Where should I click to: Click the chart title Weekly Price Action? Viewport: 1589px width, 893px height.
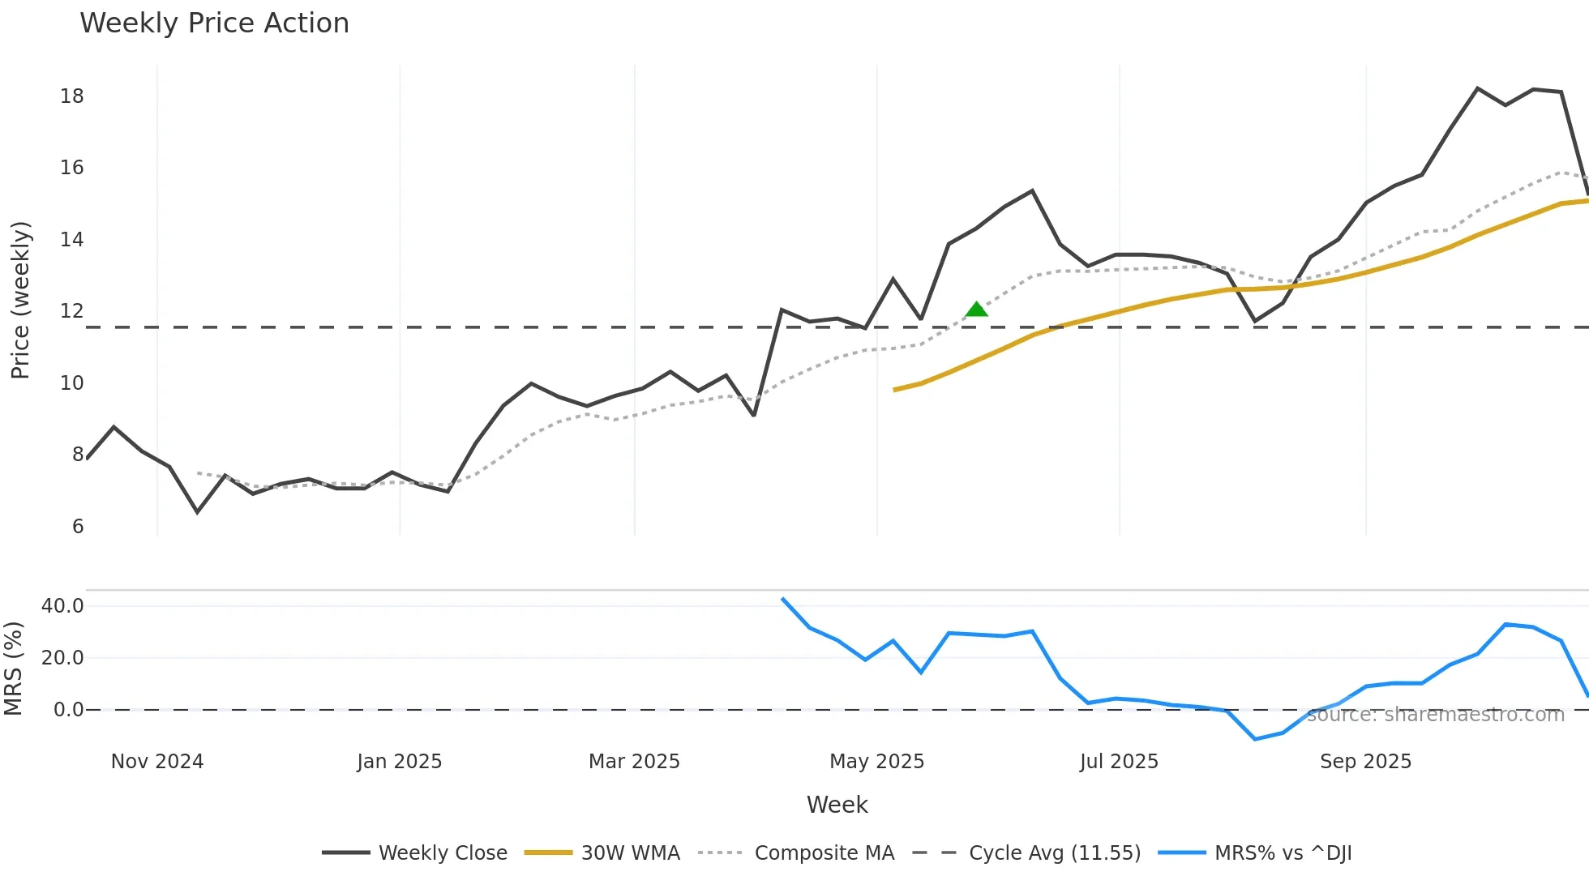tap(214, 23)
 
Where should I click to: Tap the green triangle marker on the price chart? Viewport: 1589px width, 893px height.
tap(977, 310)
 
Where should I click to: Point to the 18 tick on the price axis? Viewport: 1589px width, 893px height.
tap(72, 96)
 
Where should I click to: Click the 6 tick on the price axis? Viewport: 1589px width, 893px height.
tap(78, 527)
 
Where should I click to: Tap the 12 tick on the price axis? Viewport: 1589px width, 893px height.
tap(72, 311)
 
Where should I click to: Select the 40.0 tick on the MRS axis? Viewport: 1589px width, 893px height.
tap(62, 606)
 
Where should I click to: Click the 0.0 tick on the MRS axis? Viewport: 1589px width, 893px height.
tap(68, 710)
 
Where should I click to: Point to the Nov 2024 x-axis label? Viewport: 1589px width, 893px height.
tap(157, 762)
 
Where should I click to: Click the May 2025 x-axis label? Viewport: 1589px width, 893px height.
tap(876, 762)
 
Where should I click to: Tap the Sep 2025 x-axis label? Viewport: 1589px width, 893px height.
tap(1365, 762)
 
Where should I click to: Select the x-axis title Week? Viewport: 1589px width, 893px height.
tap(837, 805)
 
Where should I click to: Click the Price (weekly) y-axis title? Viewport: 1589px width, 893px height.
tap(20, 300)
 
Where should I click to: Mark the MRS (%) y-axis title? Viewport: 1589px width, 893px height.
tap(13, 669)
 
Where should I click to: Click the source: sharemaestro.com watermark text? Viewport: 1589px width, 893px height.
tap(1435, 715)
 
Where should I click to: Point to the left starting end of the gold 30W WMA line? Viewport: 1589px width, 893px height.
tap(894, 390)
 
